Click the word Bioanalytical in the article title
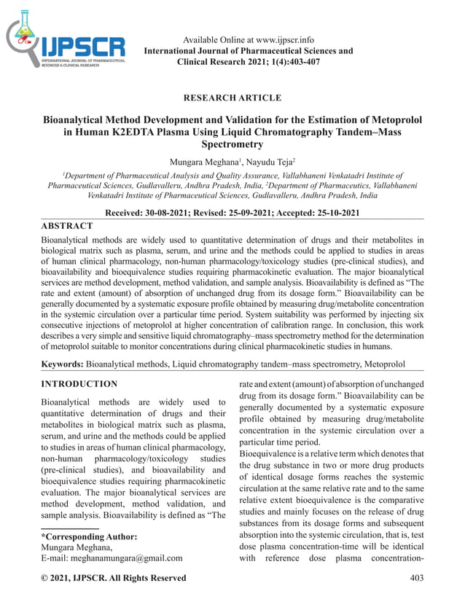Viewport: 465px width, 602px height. (79, 119)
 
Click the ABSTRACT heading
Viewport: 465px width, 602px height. (67, 226)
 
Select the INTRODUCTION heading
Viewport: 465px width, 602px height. (79, 383)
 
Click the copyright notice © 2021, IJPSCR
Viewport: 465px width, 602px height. (113, 578)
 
